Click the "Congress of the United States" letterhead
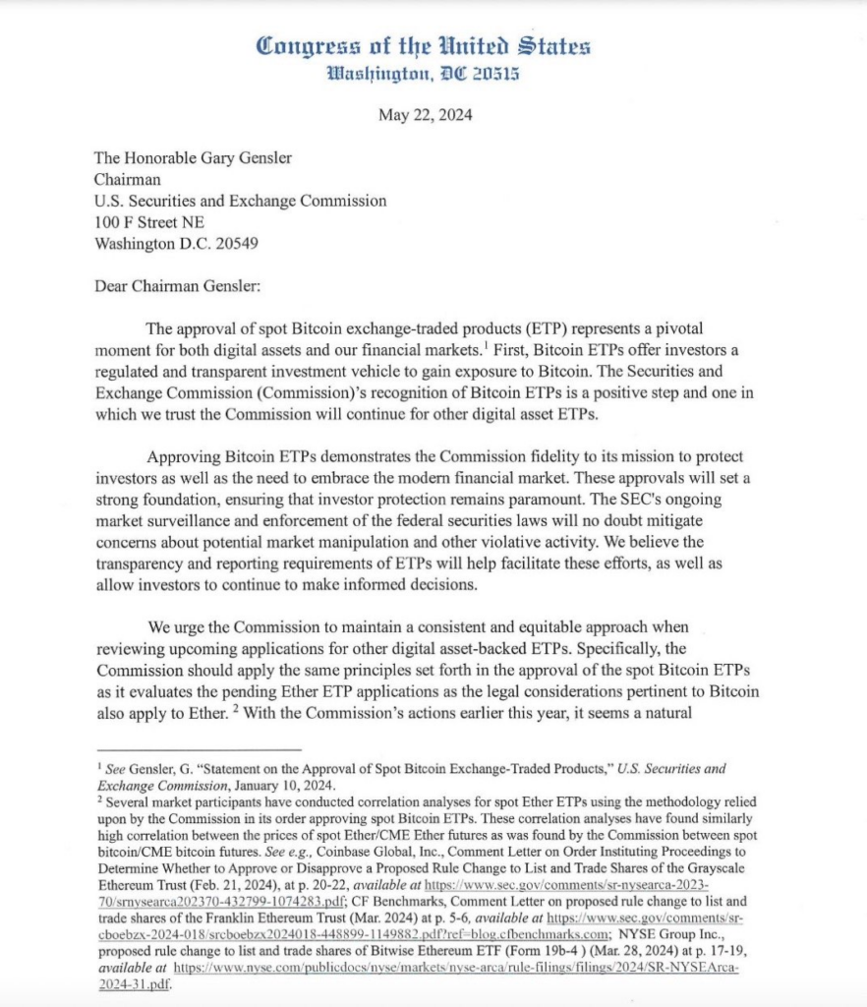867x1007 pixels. point(424,45)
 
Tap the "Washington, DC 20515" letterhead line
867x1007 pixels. point(424,74)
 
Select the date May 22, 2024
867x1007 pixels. point(425,115)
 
